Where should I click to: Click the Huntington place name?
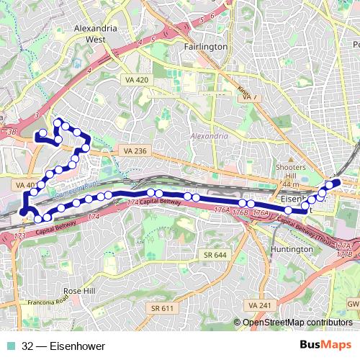pyautogui.click(x=289, y=248)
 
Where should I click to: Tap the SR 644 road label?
pyautogui.click(x=215, y=256)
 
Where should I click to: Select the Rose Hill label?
pyautogui.click(x=79, y=291)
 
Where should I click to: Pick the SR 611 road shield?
pyautogui.click(x=163, y=308)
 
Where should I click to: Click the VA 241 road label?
pyautogui.click(x=258, y=305)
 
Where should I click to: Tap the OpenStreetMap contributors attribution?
pyautogui.click(x=297, y=322)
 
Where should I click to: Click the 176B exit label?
pyautogui.click(x=240, y=213)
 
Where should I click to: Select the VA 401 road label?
pyautogui.click(x=24, y=185)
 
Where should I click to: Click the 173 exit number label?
pyautogui.click(x=19, y=236)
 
